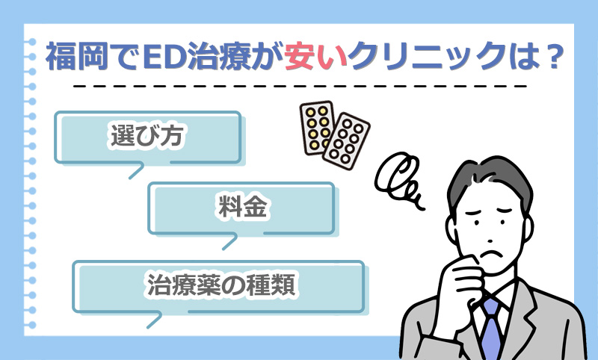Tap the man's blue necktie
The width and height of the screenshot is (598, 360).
[490, 325]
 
